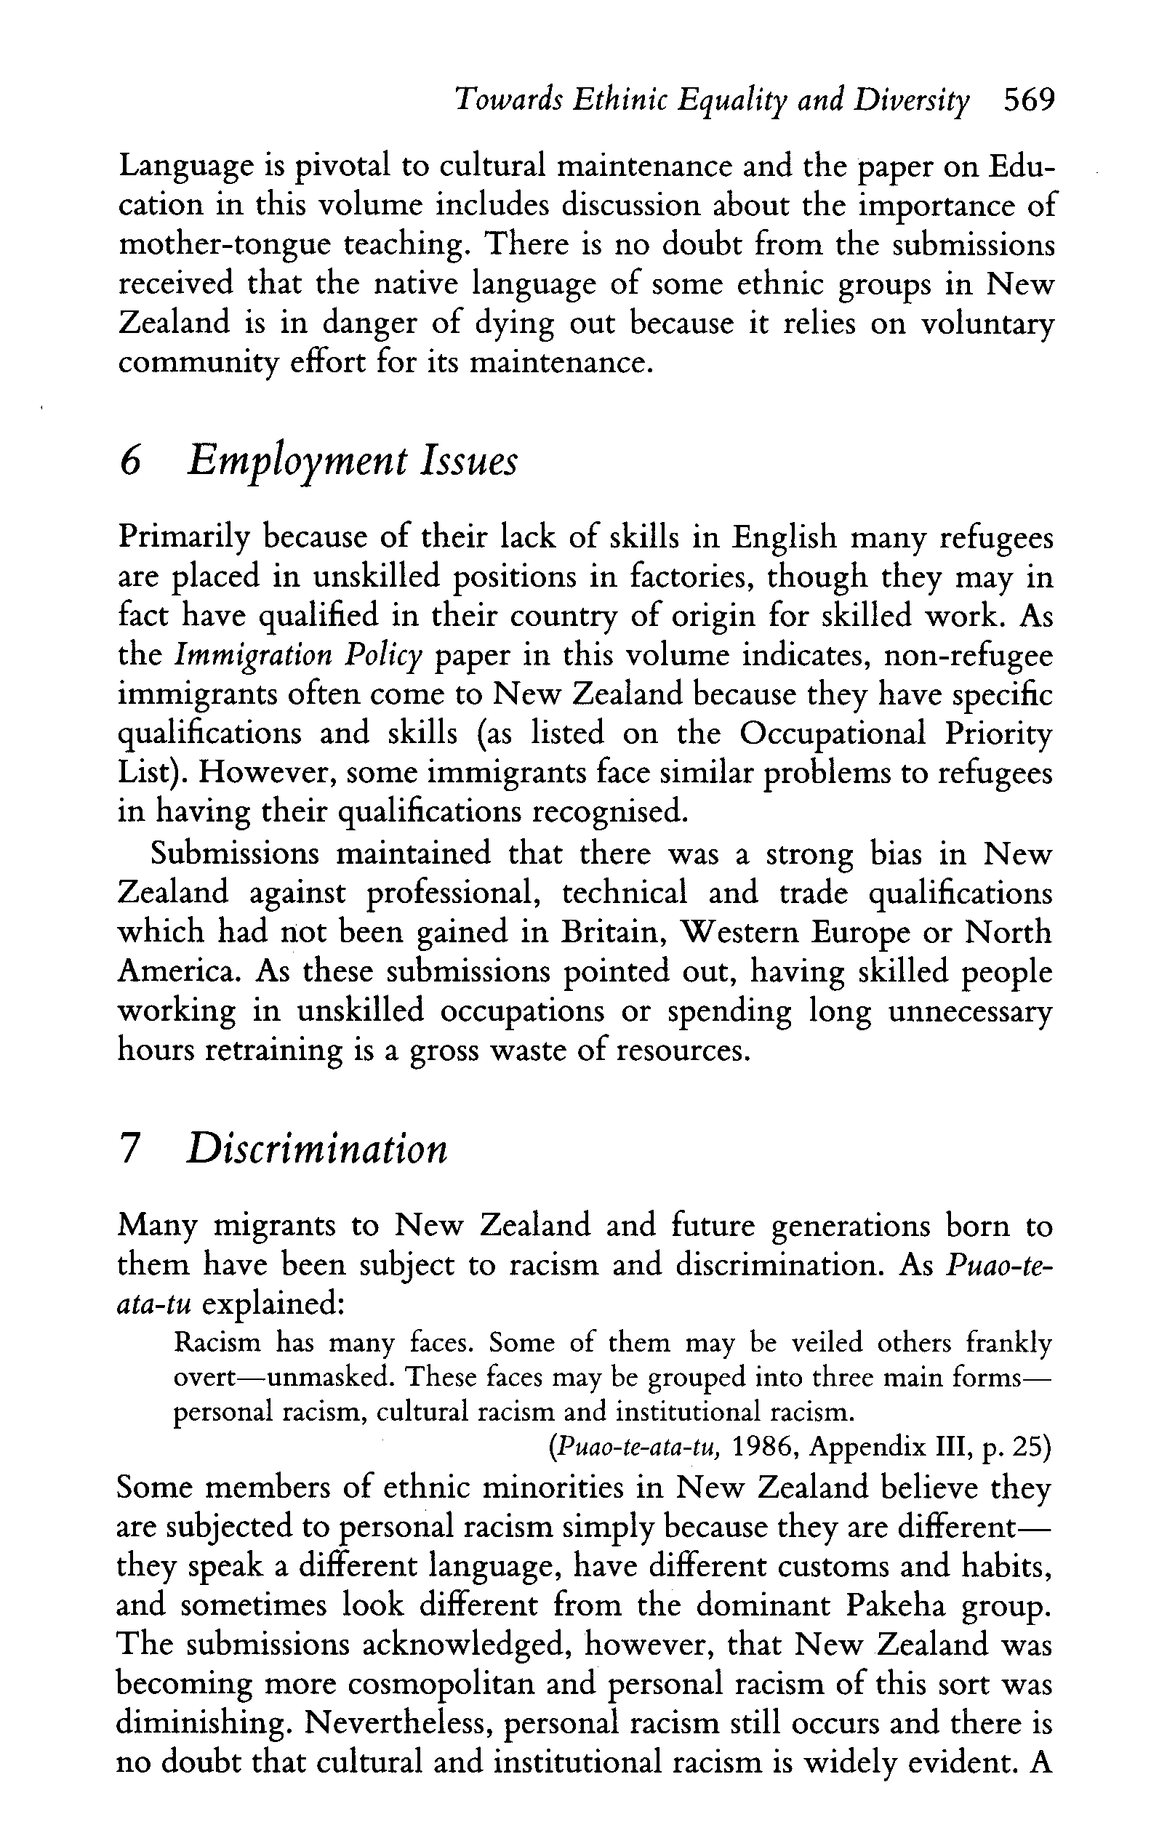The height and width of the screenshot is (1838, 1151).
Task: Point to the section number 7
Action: click(x=130, y=1149)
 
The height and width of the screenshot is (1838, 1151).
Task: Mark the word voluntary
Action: click(x=987, y=324)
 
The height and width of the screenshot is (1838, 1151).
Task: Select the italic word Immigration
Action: click(x=246, y=656)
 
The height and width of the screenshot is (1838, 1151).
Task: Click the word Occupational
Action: click(x=833, y=734)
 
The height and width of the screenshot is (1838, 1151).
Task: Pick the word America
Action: click(x=179, y=972)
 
